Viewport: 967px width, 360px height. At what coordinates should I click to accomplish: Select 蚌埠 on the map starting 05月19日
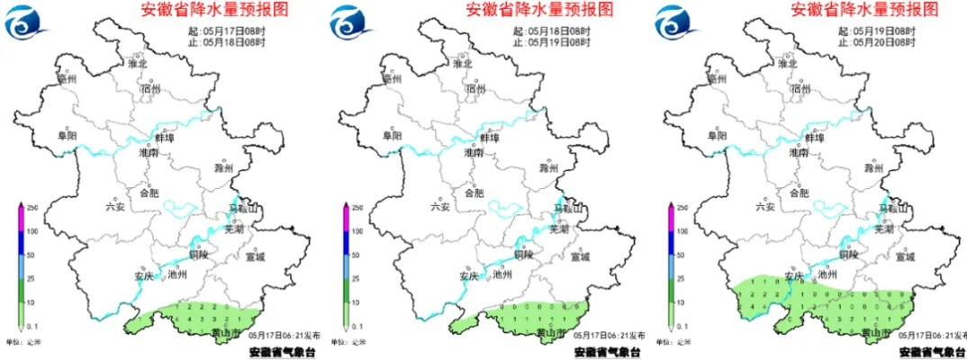pyautogui.click(x=813, y=138)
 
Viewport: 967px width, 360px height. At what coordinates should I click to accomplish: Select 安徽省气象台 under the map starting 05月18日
pyautogui.click(x=608, y=352)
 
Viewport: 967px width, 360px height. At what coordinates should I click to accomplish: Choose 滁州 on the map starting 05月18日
pyautogui.click(x=548, y=168)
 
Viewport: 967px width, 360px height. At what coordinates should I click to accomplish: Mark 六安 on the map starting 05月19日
pyautogui.click(x=764, y=206)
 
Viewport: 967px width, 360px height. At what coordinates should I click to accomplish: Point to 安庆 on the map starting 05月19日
pyautogui.click(x=791, y=275)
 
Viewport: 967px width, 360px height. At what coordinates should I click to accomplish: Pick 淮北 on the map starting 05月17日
pyautogui.click(x=137, y=64)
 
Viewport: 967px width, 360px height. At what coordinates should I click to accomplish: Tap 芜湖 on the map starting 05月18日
pyautogui.click(x=560, y=229)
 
